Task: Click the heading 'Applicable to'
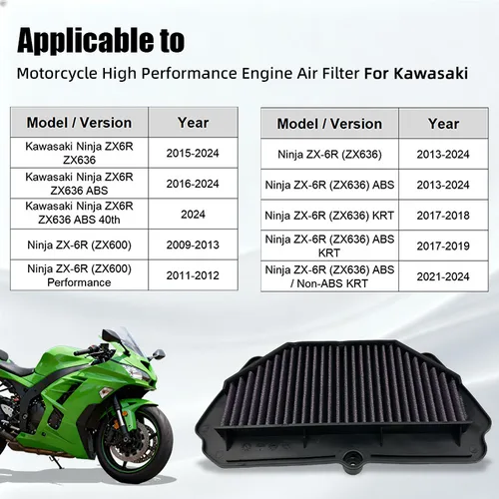[101, 41]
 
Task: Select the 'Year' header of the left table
[193, 123]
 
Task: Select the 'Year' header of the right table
[443, 124]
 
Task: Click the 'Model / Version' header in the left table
[79, 123]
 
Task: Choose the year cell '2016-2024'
[193, 183]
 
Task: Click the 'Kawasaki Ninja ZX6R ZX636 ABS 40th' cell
[79, 212]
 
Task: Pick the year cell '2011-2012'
[193, 274]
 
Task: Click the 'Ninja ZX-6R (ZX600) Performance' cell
[79, 274]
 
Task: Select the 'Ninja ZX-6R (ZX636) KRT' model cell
[330, 214]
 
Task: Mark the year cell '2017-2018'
[443, 214]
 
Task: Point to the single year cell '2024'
[193, 212]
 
